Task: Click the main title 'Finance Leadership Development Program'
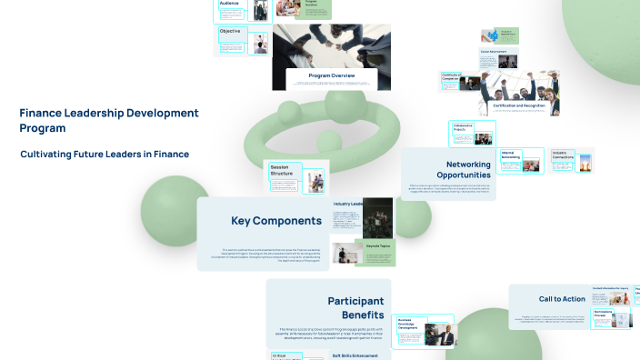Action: click(108, 120)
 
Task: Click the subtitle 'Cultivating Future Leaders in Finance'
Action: click(105, 155)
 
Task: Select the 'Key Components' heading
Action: click(275, 221)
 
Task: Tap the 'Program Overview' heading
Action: click(331, 75)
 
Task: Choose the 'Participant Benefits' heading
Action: click(355, 307)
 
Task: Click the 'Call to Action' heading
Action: click(562, 299)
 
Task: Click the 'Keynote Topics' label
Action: click(377, 245)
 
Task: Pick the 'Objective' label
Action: click(230, 32)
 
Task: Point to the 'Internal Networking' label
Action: click(511, 155)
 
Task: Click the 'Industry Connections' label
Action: click(562, 155)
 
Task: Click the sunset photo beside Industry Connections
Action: click(585, 162)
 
